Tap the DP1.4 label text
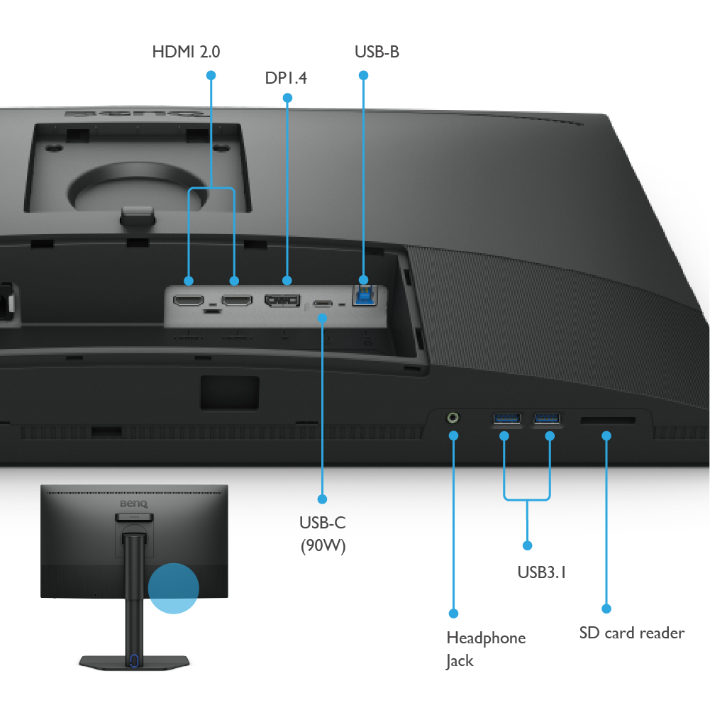pyautogui.click(x=286, y=78)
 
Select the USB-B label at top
pyautogui.click(x=377, y=52)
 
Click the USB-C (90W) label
pyautogui.click(x=323, y=534)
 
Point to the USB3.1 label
pyautogui.click(x=541, y=572)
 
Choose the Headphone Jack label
pyautogui.click(x=485, y=649)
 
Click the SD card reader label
pyautogui.click(x=631, y=633)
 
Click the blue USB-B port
pyautogui.click(x=364, y=295)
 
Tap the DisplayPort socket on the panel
pyautogui.click(x=282, y=301)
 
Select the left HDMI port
pyautogui.click(x=189, y=301)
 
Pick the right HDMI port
pyautogui.click(x=236, y=301)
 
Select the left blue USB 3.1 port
pyautogui.click(x=505, y=418)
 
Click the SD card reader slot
pyautogui.click(x=607, y=421)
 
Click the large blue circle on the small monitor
pyautogui.click(x=174, y=588)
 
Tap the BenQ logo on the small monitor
pyautogui.click(x=134, y=504)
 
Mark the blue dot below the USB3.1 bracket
pyautogui.click(x=527, y=545)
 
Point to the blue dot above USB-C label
pyautogui.click(x=323, y=499)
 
